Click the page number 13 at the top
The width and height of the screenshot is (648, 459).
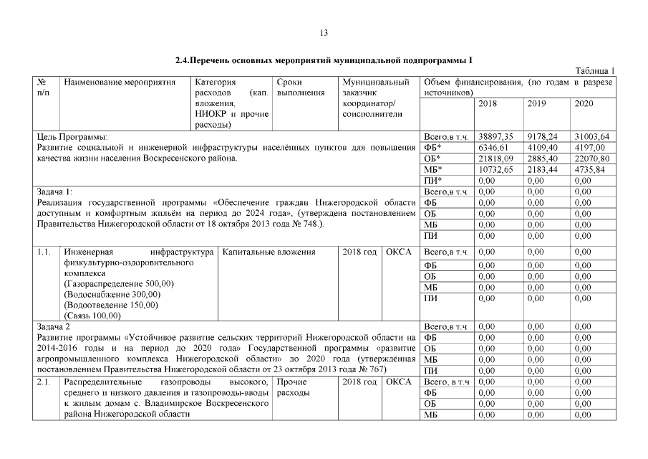(x=324, y=33)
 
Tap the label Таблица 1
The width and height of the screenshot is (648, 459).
(x=595, y=70)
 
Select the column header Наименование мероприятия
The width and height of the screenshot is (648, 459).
(x=120, y=82)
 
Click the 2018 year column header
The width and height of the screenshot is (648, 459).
(x=487, y=104)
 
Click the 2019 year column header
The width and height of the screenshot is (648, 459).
(x=536, y=104)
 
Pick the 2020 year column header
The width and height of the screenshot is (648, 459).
(x=584, y=104)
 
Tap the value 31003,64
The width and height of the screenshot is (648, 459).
(x=591, y=136)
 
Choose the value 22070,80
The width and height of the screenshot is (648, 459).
(x=591, y=158)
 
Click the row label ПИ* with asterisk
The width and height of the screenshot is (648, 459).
(x=432, y=181)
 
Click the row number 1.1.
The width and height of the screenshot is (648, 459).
(x=43, y=252)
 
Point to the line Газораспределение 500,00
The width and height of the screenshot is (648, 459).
(x=119, y=284)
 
